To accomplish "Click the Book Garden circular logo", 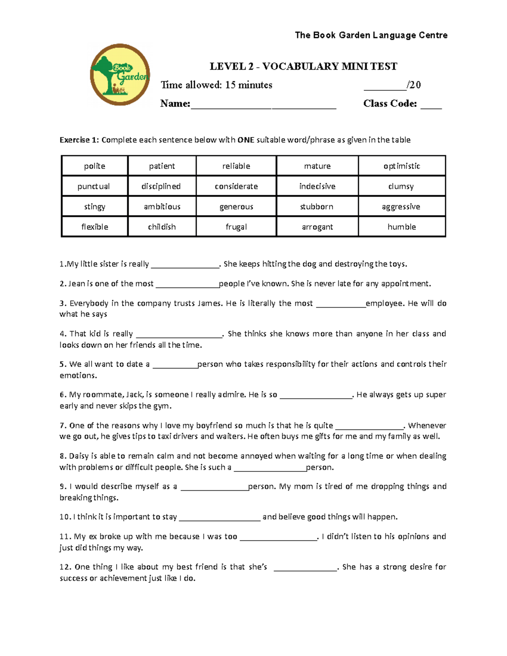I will click(120, 75).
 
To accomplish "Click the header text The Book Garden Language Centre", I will click(371, 35).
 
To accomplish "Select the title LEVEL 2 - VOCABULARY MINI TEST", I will click(303, 66).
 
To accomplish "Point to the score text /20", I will click(414, 85).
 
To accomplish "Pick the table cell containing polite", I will click(95, 166).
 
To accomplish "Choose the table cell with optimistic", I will click(402, 166).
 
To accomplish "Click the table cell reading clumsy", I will click(401, 186).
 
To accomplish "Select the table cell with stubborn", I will click(317, 207).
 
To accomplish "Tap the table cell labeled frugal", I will click(236, 227).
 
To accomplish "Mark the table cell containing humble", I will click(402, 227).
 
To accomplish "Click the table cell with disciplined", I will click(161, 186).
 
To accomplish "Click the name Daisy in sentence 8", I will click(79, 456).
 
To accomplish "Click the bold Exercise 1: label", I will click(79, 140).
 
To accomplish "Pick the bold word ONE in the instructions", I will click(246, 140).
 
